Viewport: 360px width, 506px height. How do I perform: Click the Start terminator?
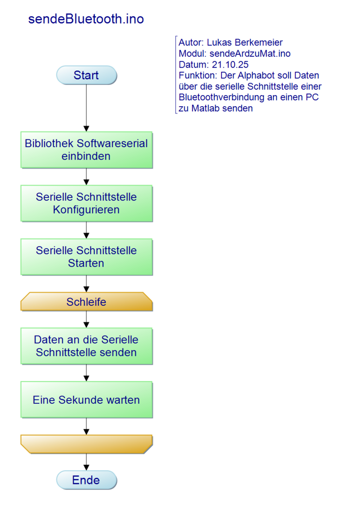pos(87,75)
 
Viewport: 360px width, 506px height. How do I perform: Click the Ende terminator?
pos(87,480)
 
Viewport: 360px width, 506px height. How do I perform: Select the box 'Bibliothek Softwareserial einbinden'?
pos(87,150)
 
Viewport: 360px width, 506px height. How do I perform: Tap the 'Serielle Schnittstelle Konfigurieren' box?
pos(87,203)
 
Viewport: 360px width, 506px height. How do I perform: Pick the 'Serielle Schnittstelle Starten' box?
pos(87,257)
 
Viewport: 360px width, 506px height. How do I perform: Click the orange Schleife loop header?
pos(87,302)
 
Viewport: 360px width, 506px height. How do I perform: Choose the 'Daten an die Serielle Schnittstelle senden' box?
pos(87,346)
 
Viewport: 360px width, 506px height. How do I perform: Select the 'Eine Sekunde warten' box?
pos(87,400)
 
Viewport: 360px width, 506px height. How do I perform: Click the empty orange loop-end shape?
pos(87,444)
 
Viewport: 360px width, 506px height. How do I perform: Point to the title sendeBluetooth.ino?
pos(86,19)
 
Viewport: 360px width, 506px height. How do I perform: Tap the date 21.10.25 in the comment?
pos(230,65)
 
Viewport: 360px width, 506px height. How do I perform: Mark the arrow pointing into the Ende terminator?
pos(87,462)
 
